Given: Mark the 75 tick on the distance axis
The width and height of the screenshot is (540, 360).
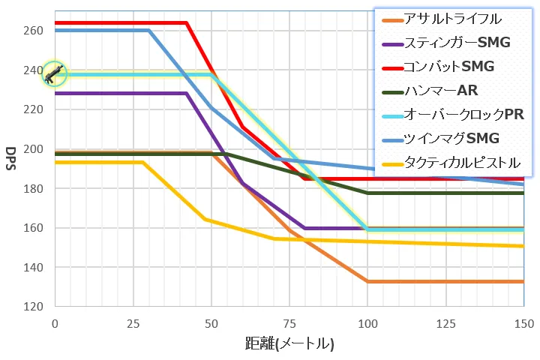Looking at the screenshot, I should [x=289, y=322].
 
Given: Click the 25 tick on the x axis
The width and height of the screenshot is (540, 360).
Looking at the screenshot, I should [x=133, y=322].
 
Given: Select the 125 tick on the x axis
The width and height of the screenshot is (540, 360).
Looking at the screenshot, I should [x=445, y=322].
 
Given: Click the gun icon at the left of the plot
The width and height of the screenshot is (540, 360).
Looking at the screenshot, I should [x=54, y=73].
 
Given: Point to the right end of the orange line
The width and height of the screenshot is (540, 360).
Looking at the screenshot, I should [x=522, y=281].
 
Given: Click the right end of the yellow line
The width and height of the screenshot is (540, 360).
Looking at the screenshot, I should [x=522, y=246].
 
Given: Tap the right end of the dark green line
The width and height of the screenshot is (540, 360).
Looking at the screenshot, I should [x=522, y=193].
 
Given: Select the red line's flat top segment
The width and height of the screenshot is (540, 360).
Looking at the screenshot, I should [x=120, y=22].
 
